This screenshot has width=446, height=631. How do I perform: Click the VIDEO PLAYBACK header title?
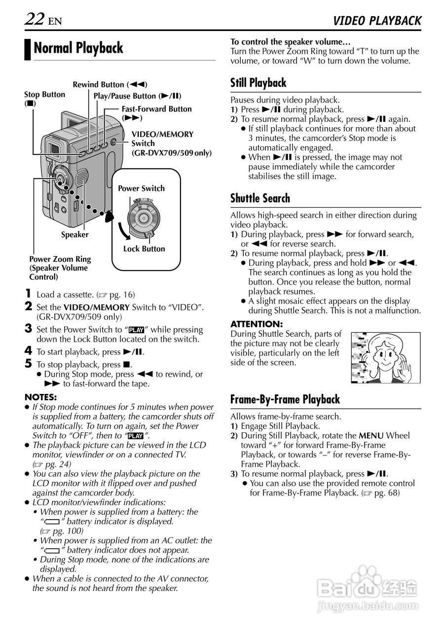click(x=377, y=21)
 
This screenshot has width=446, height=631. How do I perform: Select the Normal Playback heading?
click(x=78, y=48)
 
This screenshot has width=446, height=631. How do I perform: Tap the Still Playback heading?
click(x=259, y=82)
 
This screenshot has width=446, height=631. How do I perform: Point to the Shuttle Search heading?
click(x=260, y=198)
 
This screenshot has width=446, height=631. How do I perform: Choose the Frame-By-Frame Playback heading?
click(x=285, y=399)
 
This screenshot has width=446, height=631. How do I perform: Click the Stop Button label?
click(x=44, y=95)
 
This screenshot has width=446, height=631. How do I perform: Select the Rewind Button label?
click(x=110, y=85)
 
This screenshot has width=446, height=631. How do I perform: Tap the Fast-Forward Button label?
click(x=156, y=109)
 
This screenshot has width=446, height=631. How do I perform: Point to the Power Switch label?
click(x=141, y=188)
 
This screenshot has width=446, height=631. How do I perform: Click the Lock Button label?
click(x=144, y=249)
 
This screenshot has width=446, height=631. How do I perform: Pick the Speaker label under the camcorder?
click(x=74, y=235)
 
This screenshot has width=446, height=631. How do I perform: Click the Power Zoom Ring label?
click(x=60, y=259)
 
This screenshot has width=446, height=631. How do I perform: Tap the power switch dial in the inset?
click(x=143, y=217)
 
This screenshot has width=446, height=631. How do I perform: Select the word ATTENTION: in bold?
click(x=257, y=324)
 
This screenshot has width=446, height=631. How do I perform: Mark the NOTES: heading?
click(x=40, y=397)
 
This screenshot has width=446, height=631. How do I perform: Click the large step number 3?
click(x=29, y=329)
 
